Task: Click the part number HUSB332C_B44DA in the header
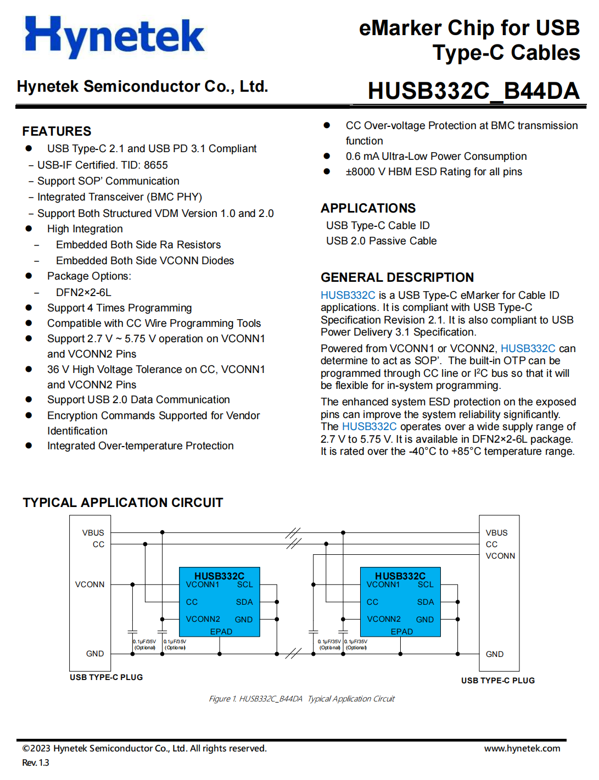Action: point(473,91)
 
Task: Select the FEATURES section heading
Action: point(57,131)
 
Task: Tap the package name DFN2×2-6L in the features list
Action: point(83,292)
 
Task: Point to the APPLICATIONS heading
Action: point(368,208)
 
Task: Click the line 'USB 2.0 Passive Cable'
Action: point(381,241)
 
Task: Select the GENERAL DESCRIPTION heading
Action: point(397,277)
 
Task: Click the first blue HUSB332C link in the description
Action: point(348,295)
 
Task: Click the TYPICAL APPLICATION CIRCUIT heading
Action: point(123,503)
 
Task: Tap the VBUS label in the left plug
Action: point(93,533)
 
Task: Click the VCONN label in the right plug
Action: point(500,556)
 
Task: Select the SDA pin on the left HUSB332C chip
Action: point(244,602)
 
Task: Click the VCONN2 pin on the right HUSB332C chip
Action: point(384,619)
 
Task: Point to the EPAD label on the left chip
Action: point(221,632)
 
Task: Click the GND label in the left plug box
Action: point(95,654)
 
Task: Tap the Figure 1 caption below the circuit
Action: point(301,699)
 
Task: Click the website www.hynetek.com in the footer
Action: point(522,748)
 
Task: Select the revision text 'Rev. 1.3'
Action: point(36,762)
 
